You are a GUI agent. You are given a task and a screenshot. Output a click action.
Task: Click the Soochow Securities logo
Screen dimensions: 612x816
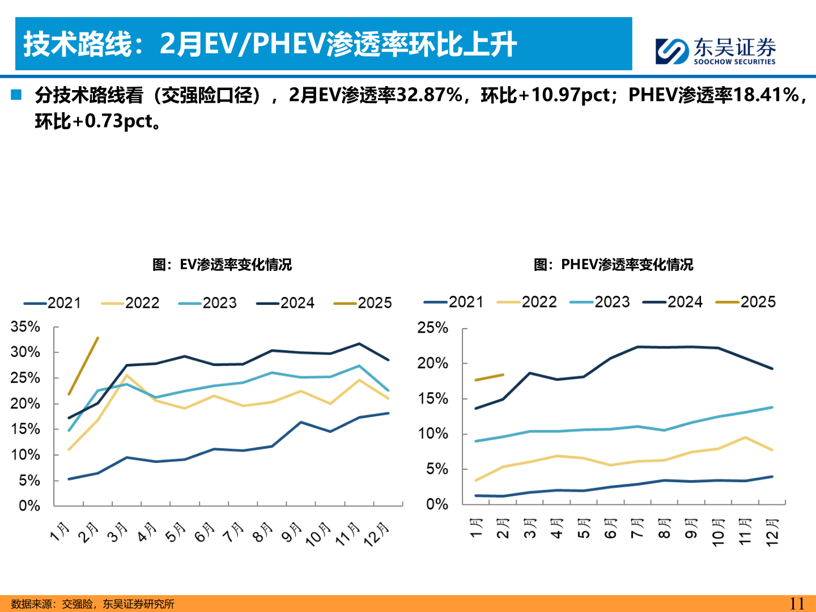715,51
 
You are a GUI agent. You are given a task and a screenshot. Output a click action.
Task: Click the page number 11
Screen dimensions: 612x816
796,603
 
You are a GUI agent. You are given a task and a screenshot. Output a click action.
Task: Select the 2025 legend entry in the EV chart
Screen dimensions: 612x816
363,303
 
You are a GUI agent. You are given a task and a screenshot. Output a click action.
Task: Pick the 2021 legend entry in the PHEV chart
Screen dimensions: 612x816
453,302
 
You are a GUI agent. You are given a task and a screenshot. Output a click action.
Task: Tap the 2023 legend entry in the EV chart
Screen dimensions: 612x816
207,303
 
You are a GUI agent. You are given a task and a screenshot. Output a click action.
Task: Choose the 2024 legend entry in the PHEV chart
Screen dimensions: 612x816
673,302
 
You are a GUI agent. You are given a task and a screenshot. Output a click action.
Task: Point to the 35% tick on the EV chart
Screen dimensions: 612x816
25,327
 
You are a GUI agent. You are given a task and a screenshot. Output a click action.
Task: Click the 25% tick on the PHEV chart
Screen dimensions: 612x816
432,328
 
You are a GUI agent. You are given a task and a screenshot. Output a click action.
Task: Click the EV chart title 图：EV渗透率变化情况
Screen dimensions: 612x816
222,265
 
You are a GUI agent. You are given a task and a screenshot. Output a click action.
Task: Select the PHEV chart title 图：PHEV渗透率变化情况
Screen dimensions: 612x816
613,265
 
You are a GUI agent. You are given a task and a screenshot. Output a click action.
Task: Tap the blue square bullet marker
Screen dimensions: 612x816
16,95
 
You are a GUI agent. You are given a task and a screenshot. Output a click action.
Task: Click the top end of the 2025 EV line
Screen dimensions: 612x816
98,338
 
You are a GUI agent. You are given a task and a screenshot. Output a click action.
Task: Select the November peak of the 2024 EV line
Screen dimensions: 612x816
359,344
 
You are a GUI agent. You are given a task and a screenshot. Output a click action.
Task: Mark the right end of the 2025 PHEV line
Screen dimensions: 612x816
503,375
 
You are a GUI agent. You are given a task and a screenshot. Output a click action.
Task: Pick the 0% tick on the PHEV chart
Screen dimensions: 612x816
437,504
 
